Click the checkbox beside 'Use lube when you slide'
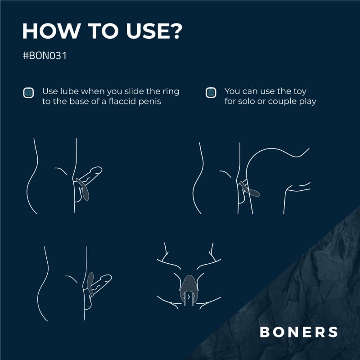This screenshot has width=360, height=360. (x=28, y=93)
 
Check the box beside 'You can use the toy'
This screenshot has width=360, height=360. (x=210, y=93)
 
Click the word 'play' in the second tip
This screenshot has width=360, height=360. (x=308, y=101)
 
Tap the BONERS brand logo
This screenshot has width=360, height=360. (x=299, y=332)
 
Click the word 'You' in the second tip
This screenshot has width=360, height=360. (x=232, y=91)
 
